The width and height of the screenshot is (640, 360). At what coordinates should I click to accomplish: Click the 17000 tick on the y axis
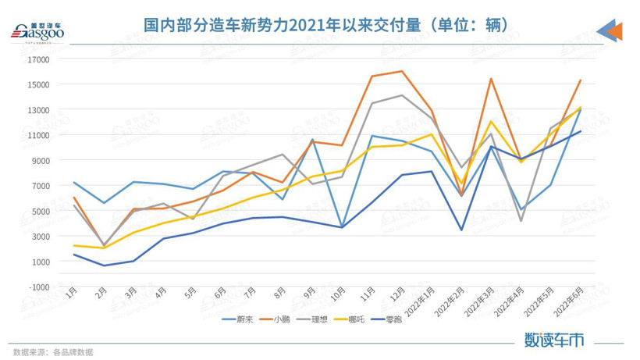38,59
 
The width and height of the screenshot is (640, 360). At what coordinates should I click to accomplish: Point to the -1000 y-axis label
38,287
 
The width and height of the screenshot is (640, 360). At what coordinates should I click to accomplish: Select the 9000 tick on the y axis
40,160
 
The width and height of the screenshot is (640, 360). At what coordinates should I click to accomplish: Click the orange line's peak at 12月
401,71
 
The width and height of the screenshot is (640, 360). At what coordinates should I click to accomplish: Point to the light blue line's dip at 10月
342,227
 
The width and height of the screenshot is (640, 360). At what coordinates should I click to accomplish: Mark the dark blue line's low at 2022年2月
462,230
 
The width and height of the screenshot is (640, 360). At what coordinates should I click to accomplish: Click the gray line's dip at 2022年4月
521,221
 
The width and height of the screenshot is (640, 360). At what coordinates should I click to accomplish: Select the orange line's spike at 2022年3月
491,79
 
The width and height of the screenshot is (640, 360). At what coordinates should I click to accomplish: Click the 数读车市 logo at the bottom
554,340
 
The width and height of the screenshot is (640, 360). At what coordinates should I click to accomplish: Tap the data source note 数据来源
53,352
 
